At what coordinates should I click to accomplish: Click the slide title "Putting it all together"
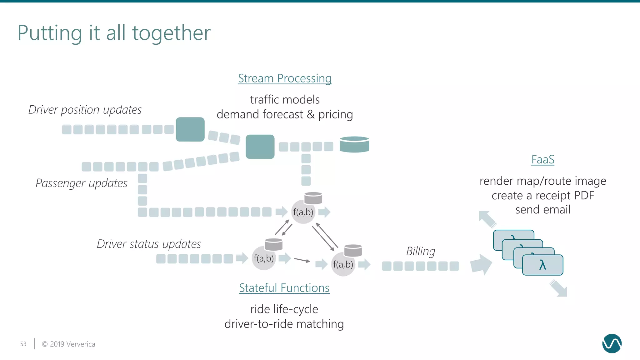click(114, 33)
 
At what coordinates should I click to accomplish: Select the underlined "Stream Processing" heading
click(285, 78)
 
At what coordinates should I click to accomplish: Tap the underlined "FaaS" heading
click(543, 160)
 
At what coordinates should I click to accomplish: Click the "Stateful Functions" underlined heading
click(284, 288)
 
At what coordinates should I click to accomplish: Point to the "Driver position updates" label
click(85, 110)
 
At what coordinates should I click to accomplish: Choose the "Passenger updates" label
click(82, 183)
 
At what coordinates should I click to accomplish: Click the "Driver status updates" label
click(149, 244)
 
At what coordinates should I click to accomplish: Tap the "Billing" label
click(421, 251)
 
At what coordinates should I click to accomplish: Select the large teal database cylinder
click(354, 144)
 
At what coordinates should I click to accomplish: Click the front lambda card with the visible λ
click(542, 265)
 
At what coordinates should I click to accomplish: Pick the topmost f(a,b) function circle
click(303, 212)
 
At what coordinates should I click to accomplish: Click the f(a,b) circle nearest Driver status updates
click(263, 258)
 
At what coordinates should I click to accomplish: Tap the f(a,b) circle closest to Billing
click(343, 264)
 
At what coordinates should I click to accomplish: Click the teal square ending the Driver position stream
click(190, 129)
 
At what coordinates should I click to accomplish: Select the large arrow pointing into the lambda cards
click(481, 264)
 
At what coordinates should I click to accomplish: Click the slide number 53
click(23, 344)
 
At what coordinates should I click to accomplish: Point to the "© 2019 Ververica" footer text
click(68, 344)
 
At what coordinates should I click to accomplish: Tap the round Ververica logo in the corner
click(612, 343)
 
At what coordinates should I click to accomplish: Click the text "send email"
click(543, 210)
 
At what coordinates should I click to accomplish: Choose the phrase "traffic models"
click(285, 100)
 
